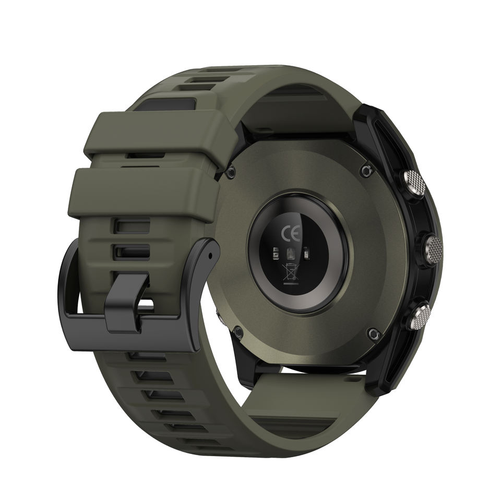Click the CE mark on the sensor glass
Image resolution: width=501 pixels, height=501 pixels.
[x=291, y=234]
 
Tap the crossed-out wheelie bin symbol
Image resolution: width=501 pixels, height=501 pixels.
[x=290, y=271]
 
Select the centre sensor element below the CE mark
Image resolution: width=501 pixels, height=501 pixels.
[x=291, y=254]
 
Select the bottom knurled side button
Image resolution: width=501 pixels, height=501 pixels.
[x=419, y=315]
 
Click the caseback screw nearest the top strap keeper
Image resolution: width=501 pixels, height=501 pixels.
[x=231, y=173]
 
